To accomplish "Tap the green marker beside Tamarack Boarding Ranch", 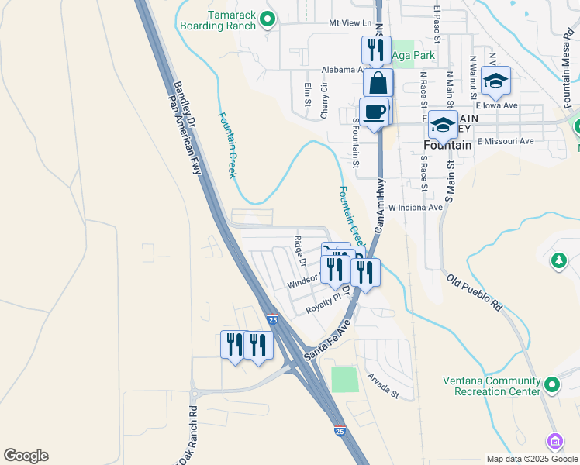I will (268, 19).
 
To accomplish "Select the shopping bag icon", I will (377, 83).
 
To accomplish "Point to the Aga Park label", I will (413, 55).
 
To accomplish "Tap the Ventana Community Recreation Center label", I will (492, 386).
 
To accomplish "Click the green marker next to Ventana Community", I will (551, 384).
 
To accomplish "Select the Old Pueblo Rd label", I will (475, 291).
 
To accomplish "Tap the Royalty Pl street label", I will (323, 303).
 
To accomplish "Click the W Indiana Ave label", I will (415, 208).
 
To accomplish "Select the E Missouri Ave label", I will (506, 141).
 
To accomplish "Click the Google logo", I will (26, 456).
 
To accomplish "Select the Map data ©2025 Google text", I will (531, 458).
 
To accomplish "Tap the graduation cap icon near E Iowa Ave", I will (495, 81).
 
